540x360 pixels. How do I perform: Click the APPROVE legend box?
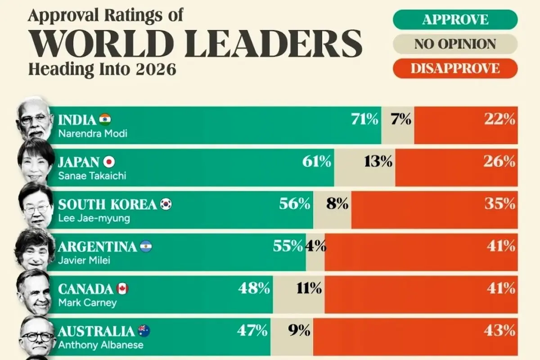click(455, 20)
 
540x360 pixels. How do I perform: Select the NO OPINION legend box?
click(455, 44)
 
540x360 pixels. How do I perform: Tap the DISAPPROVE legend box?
click(455, 68)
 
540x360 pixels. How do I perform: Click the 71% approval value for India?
click(364, 119)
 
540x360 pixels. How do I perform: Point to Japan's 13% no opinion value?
click(378, 162)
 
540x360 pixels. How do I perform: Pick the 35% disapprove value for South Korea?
click(499, 204)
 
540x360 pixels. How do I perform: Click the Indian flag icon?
click(105, 120)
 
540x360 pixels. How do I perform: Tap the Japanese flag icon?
click(109, 162)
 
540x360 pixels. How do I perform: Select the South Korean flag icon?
click(166, 204)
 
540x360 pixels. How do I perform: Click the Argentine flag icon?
click(146, 247)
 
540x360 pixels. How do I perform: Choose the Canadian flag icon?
click(122, 289)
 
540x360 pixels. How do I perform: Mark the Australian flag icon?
click(144, 331)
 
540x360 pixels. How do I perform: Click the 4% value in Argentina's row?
click(315, 246)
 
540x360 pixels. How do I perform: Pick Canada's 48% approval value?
click(254, 288)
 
